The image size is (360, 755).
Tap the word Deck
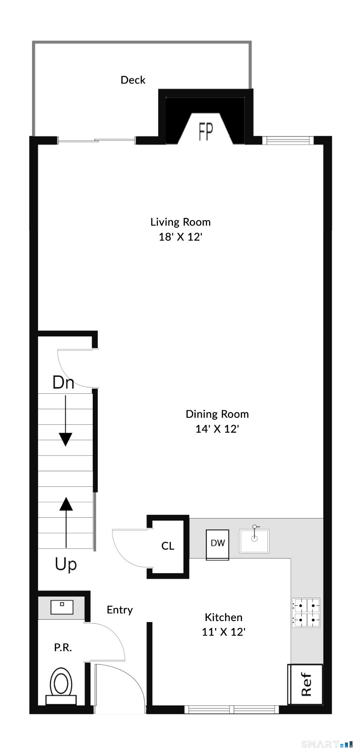[133, 80]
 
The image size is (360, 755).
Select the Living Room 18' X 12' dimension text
[180, 237]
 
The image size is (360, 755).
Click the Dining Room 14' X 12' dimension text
[217, 429]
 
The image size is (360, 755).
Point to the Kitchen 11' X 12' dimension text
[223, 632]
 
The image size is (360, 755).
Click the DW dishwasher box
[218, 543]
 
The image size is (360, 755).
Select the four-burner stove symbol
[306, 613]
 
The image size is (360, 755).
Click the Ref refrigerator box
[306, 684]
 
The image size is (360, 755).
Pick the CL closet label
[168, 546]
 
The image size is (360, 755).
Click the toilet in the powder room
[61, 685]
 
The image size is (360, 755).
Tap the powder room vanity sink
[62, 607]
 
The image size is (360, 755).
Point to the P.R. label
[63, 647]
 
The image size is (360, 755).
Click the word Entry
[120, 610]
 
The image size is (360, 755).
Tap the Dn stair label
[63, 382]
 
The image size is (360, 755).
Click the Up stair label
[66, 564]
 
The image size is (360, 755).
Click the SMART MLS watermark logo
[327, 744]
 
